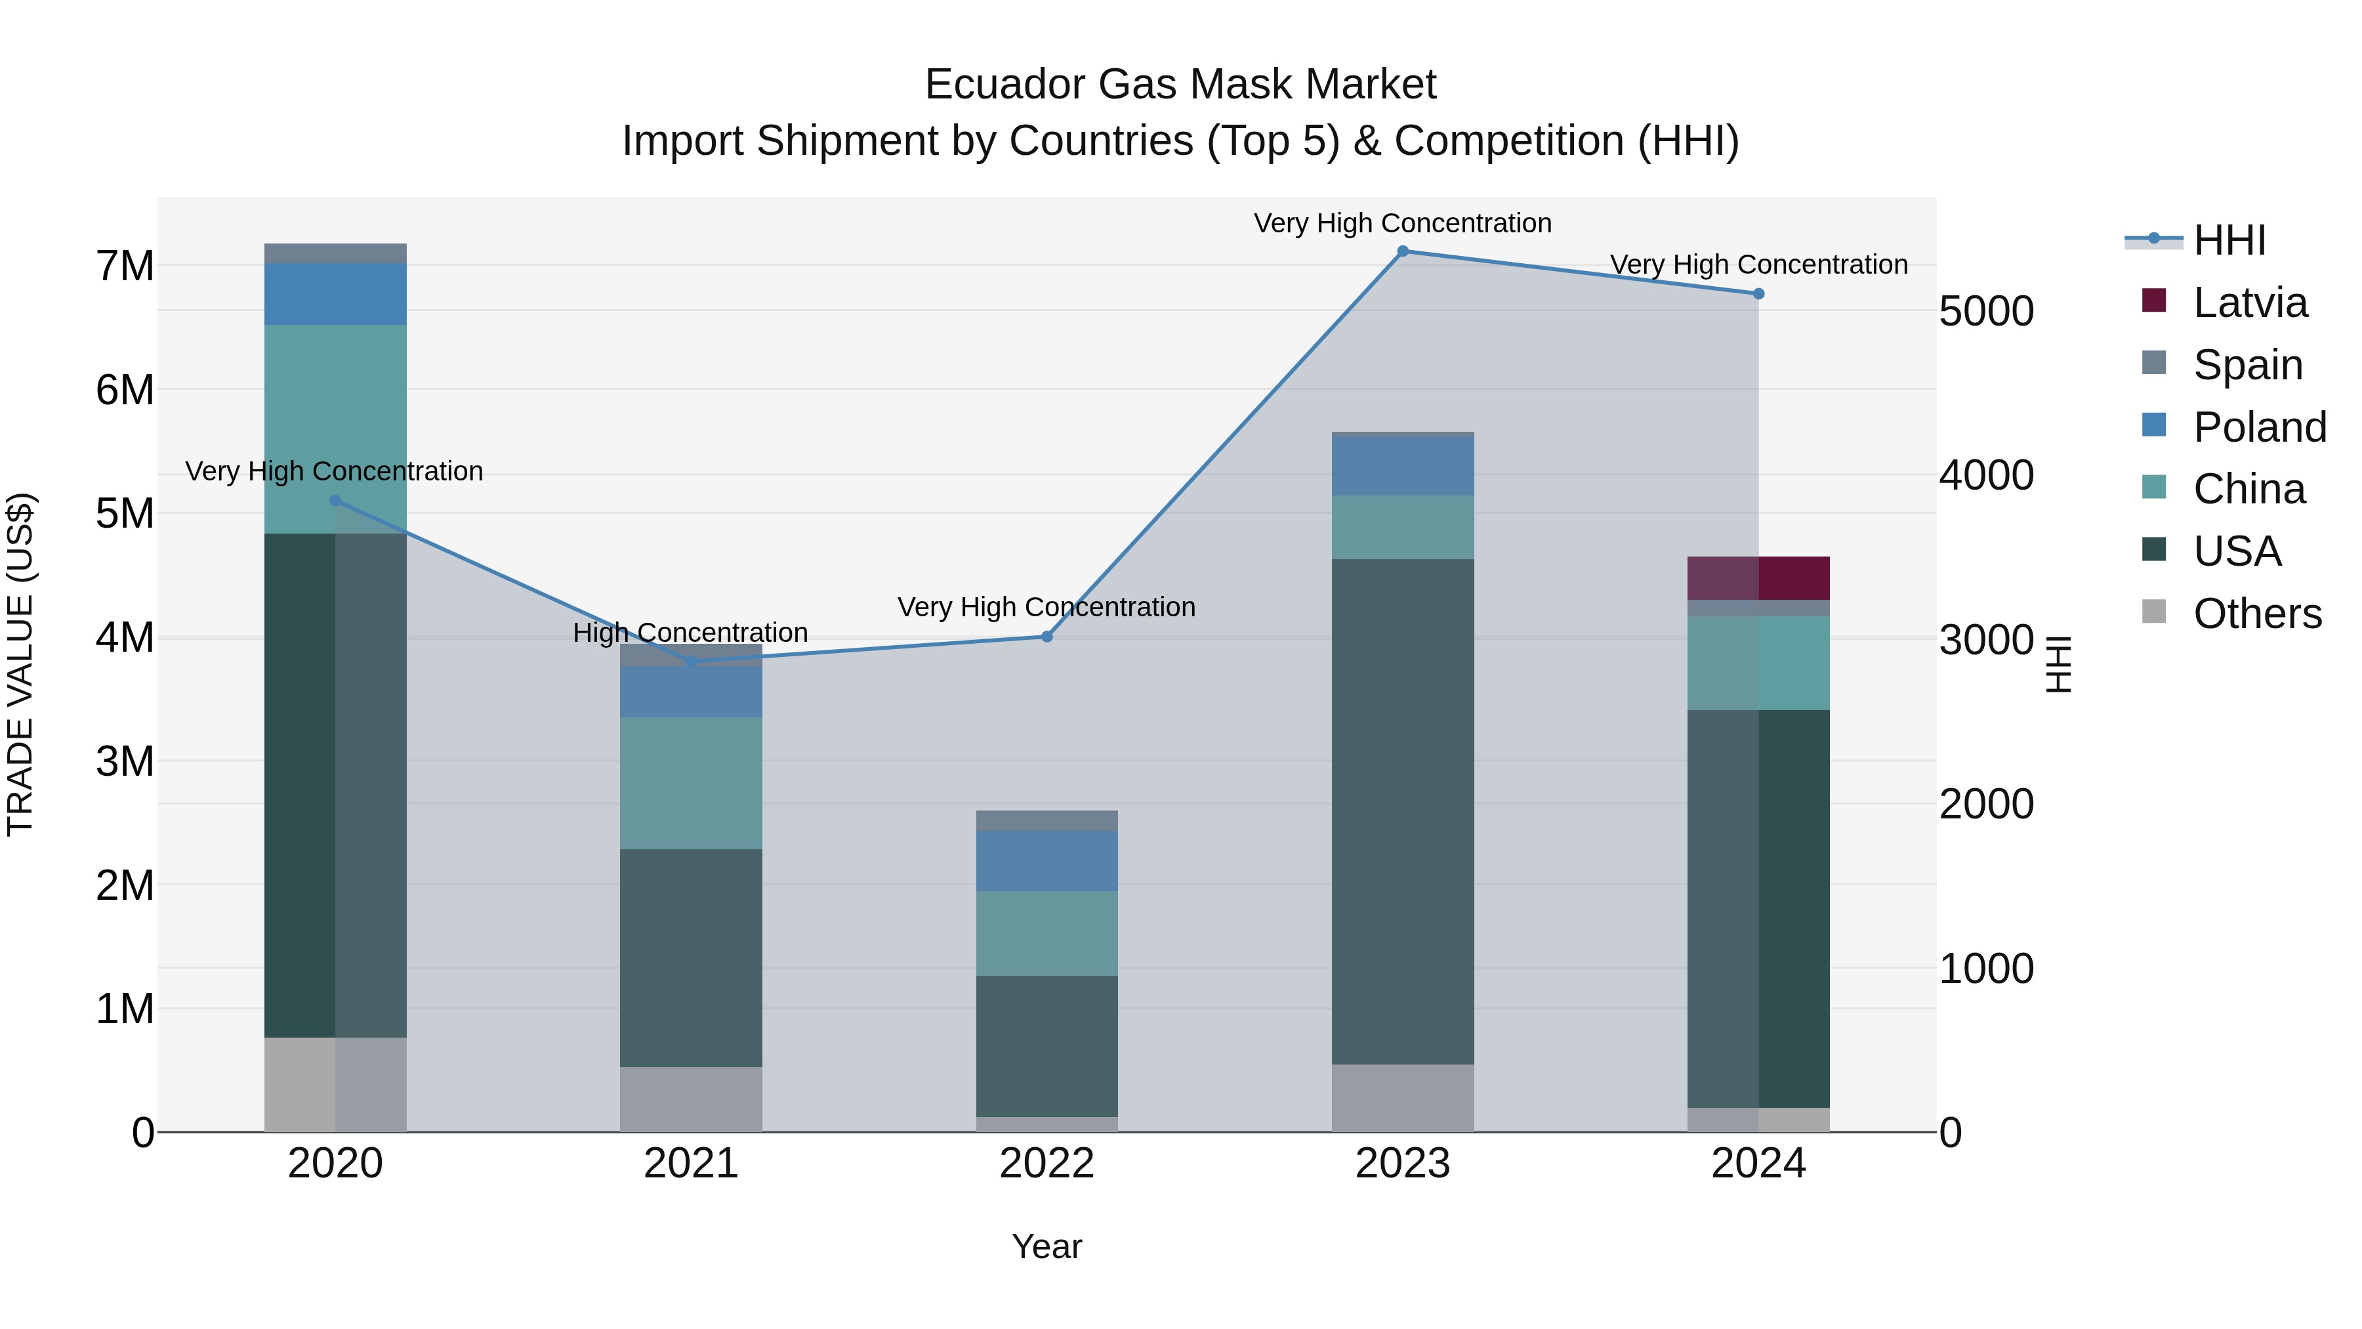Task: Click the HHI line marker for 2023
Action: point(1402,251)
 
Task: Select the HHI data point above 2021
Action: point(692,662)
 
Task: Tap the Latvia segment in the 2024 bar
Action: point(1758,578)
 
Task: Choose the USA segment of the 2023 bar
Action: point(1402,812)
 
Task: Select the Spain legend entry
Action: point(2247,365)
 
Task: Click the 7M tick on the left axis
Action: point(125,266)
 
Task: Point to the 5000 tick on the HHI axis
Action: point(1986,312)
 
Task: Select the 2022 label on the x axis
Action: point(1046,1164)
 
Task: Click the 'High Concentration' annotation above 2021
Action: point(690,633)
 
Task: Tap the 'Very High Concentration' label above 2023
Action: point(1402,223)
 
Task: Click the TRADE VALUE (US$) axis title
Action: point(20,664)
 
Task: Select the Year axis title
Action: point(1046,1246)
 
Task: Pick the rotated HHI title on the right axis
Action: point(2058,664)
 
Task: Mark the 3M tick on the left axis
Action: point(125,761)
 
